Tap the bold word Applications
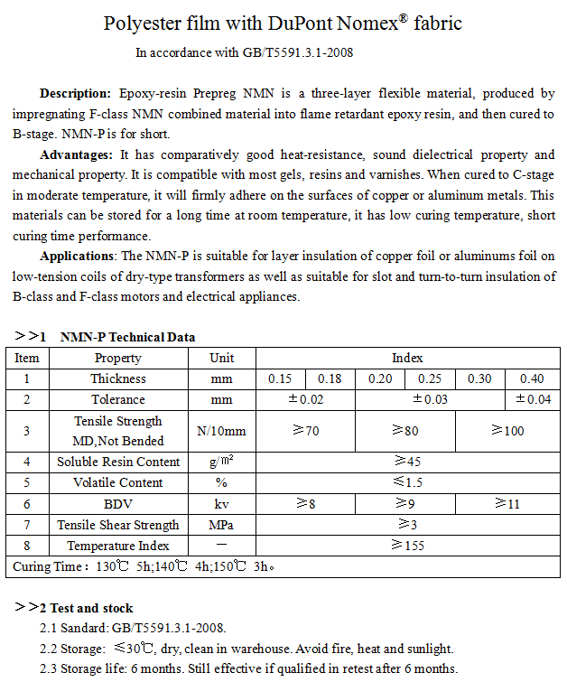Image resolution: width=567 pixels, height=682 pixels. pos(79,257)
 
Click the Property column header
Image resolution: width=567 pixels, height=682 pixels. pos(118,358)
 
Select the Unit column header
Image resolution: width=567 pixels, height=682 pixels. pos(222,358)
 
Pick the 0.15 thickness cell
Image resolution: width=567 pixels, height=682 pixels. pos(281,379)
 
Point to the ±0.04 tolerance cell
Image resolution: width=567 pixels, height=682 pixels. pos(532,399)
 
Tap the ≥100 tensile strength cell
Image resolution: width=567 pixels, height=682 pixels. pos(507,431)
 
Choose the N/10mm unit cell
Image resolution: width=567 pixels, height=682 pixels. pos(221,431)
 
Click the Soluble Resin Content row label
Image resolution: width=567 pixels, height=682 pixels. pos(118,462)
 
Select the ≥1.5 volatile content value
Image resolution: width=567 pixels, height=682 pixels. pos(407,482)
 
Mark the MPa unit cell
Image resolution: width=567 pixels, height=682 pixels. pos(221,525)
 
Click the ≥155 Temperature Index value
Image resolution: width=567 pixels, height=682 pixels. pos(407,546)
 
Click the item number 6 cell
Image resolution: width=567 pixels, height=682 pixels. pos(27,503)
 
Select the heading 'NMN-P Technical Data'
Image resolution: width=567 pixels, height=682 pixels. pos(127,338)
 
